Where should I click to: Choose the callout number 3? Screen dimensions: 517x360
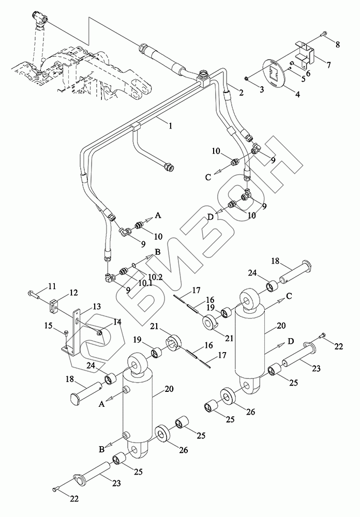click(262, 89)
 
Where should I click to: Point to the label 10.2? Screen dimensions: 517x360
click(156, 277)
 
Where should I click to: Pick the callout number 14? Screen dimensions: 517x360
click(117, 322)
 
